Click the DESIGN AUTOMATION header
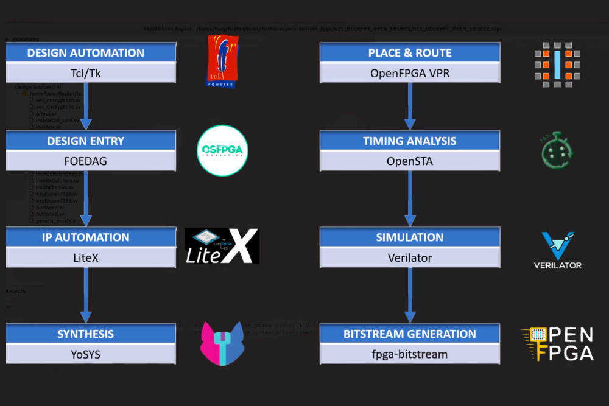86,53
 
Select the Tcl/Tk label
86,74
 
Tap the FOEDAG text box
86,162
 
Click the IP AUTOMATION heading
86,237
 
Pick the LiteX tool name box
86,258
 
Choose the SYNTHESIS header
86,334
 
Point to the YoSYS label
86,354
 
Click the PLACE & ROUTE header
410,53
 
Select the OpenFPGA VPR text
410,74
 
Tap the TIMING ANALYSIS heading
410,141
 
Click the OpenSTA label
410,162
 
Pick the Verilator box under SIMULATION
410,258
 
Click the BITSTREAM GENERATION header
410,334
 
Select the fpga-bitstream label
410,354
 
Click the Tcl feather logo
223,61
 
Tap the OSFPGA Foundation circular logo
223,151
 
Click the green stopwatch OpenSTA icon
557,151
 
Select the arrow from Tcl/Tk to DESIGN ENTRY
86,106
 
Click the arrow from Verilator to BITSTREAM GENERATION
410,295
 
